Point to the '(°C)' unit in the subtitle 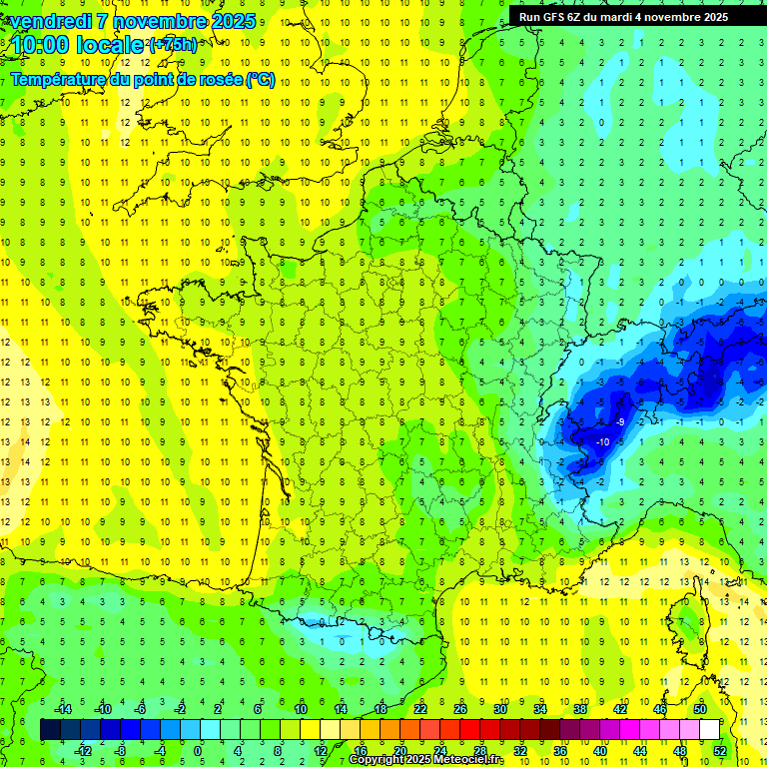coord(261,80)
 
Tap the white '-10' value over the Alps coord(602,441)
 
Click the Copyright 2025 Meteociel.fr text coord(426,760)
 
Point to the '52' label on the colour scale coord(719,750)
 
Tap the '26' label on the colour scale coord(460,709)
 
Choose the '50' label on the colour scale coord(699,709)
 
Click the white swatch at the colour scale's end coord(709,730)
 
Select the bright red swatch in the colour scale coord(469,730)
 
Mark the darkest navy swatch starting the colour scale coord(50,730)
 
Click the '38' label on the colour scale coord(579,709)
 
